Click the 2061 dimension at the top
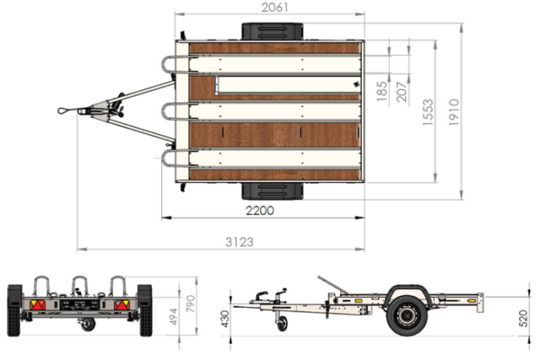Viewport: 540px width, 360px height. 274,7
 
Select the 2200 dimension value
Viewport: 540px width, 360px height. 260,211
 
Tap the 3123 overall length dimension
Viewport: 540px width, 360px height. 239,242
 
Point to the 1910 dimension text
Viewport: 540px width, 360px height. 454,112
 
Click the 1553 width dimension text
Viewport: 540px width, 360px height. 427,112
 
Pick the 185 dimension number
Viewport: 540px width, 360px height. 382,91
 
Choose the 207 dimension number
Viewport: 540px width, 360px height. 401,92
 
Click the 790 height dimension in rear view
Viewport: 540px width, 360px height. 191,304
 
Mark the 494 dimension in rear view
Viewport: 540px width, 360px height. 174,317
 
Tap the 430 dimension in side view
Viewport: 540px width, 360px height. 225,319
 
